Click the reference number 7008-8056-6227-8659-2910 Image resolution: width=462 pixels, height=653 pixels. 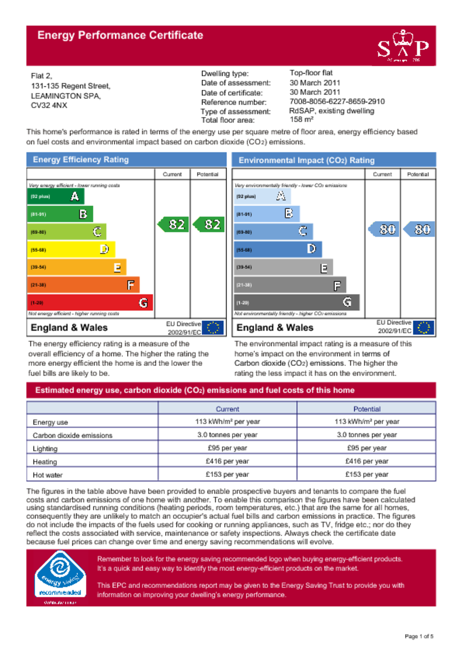pyautogui.click(x=337, y=102)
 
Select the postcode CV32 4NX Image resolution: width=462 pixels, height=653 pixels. pyautogui.click(x=49, y=106)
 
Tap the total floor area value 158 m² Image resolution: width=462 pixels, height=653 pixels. pyautogui.click(x=301, y=120)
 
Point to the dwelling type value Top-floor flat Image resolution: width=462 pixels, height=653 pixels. pyautogui.click(x=311, y=73)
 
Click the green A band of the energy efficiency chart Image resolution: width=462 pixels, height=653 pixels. pyautogui.click(x=55, y=196)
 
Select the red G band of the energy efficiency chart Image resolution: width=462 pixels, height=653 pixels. pyautogui.click(x=90, y=302)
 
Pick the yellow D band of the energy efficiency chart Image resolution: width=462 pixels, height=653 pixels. pyautogui.click(x=71, y=250)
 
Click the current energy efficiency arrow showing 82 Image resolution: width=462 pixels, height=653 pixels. pyautogui.click(x=173, y=224)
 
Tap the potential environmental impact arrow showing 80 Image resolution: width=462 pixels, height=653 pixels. pyautogui.click(x=419, y=229)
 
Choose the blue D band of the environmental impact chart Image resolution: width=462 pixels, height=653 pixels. pyautogui.click(x=277, y=249)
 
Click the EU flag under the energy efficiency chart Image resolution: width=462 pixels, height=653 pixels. pyautogui.click(x=213, y=328)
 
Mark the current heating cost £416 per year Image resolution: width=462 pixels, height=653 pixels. pyautogui.click(x=227, y=461)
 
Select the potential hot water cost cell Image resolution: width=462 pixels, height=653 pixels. pyautogui.click(x=366, y=474)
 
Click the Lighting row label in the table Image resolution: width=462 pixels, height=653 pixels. pyautogui.click(x=45, y=449)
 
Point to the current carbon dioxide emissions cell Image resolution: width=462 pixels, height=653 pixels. pyautogui.click(x=227, y=435)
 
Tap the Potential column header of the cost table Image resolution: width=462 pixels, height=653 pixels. pyautogui.click(x=366, y=409)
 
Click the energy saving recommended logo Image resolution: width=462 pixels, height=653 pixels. pyautogui.click(x=60, y=577)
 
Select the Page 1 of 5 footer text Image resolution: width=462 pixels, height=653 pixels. pyautogui.click(x=419, y=636)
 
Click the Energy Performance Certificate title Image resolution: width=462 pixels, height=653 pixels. pyautogui.click(x=120, y=35)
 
